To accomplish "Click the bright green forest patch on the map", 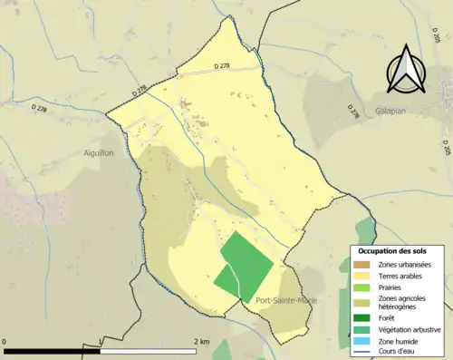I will click(x=243, y=266).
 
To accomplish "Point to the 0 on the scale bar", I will click(x=5, y=341).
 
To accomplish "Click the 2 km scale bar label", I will click(x=202, y=341).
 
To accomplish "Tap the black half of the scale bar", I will click(x=52, y=350).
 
